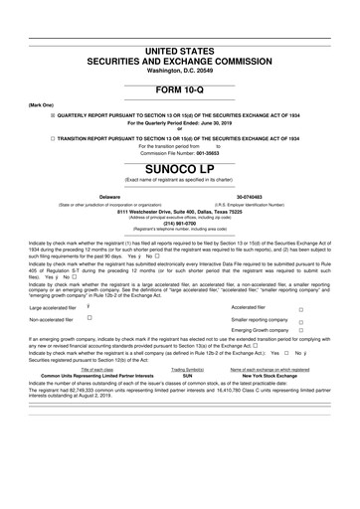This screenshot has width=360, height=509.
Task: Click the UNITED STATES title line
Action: click(x=179, y=50)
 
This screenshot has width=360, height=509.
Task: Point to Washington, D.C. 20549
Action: click(x=179, y=71)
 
